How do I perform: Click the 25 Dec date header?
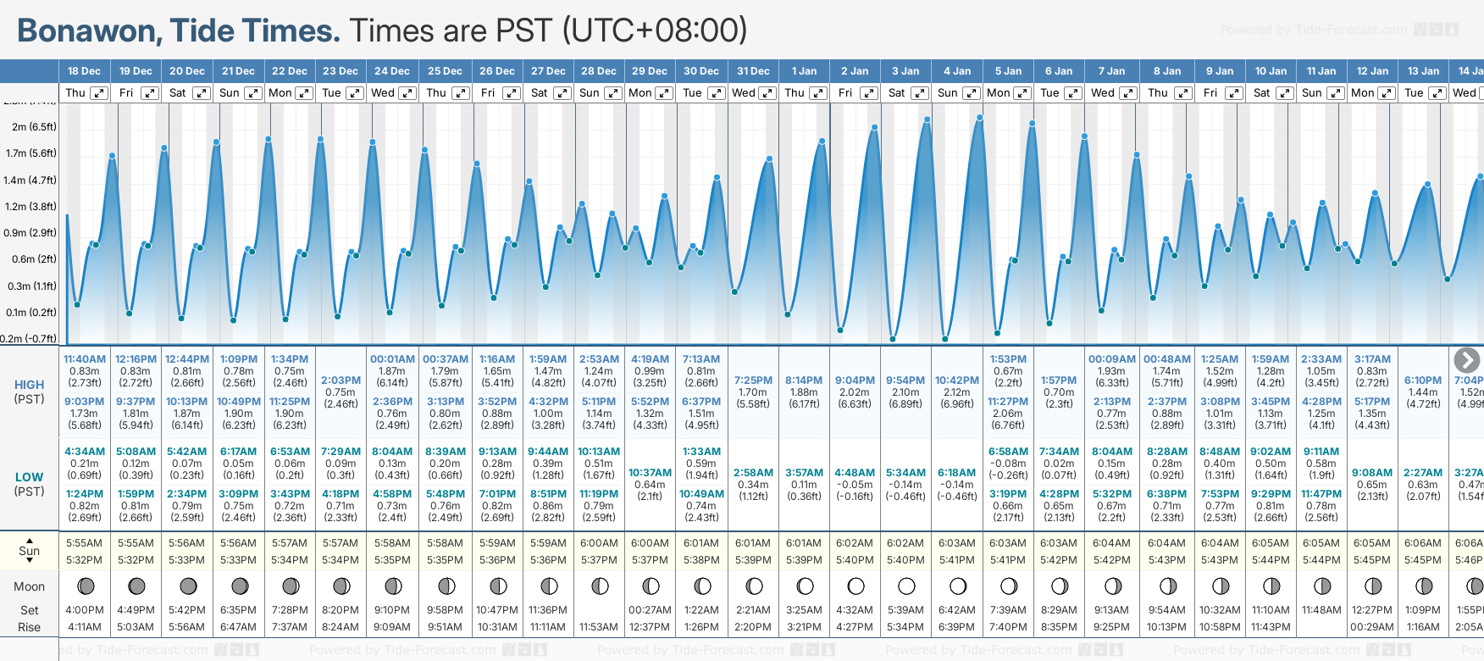(445, 71)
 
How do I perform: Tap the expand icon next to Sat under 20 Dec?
(202, 93)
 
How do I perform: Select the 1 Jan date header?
(804, 71)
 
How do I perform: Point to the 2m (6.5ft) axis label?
(35, 127)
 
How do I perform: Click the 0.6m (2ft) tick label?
(35, 259)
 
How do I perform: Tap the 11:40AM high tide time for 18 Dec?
(85, 359)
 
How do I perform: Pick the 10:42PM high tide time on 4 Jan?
(957, 380)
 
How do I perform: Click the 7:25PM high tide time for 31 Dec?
(753, 380)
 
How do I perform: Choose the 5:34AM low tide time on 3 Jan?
(905, 473)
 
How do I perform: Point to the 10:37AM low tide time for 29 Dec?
(650, 473)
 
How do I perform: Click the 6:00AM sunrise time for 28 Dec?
(599, 543)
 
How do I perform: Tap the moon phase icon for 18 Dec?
(85, 586)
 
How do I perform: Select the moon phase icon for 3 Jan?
(906, 586)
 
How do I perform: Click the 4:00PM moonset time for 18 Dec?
(85, 610)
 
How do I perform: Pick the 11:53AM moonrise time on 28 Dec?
(599, 627)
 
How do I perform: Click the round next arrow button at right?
(1466, 360)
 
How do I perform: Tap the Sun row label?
(30, 551)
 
